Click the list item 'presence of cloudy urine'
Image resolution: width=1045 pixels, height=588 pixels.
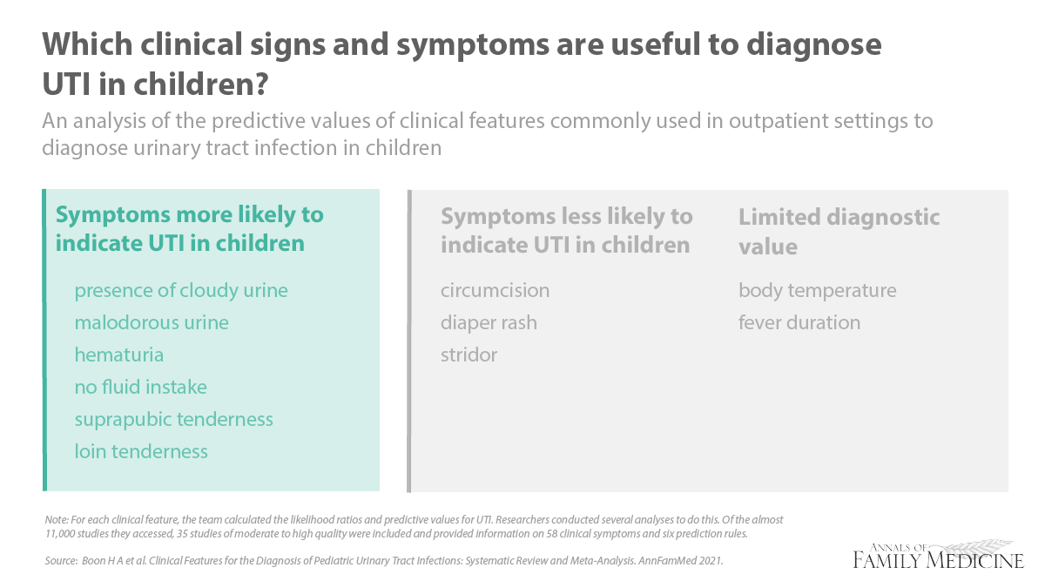pos(181,291)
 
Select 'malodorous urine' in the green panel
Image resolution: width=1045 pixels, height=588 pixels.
pos(152,322)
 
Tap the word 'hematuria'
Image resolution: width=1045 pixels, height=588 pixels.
pos(119,355)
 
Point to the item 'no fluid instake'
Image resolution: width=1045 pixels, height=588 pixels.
pos(140,387)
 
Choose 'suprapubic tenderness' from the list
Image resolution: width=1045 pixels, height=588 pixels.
pos(173,420)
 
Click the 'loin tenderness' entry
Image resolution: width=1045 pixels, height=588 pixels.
pos(141,451)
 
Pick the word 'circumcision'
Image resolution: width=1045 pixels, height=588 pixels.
pos(495,290)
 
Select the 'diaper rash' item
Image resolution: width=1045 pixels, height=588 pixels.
pos(489,323)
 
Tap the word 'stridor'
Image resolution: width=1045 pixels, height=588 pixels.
pos(469,355)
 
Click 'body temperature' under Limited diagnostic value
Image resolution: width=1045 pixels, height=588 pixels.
pos(818,291)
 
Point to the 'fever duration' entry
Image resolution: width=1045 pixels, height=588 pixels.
pos(799,322)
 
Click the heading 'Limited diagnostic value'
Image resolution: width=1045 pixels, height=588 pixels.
pos(839,232)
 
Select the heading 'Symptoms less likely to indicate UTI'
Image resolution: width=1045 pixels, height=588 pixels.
pos(566,231)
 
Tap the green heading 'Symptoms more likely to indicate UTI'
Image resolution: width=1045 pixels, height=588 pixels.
pos(190,228)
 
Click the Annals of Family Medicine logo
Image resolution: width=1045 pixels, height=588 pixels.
pos(938,555)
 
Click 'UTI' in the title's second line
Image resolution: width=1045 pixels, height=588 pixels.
pos(66,84)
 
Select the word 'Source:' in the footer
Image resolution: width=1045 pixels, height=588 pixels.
pos(61,560)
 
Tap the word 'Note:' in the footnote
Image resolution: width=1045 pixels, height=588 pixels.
pos(57,519)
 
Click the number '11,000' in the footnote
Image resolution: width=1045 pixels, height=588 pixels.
pos(60,534)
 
